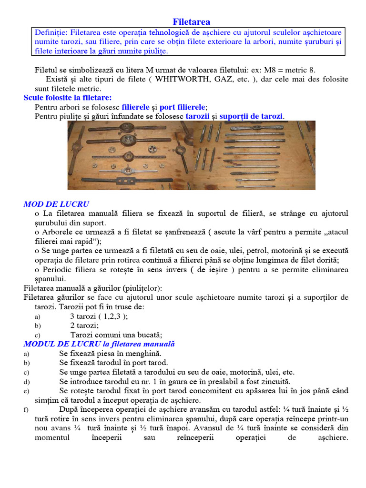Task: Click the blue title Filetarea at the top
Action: point(191,22)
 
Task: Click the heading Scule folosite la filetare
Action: point(68,97)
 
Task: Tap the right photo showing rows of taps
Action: point(254,155)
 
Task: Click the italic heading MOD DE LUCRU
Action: point(56,204)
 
